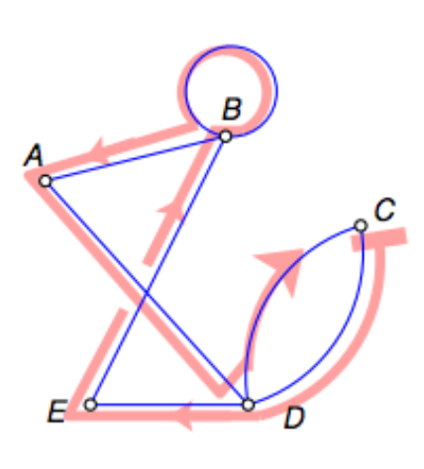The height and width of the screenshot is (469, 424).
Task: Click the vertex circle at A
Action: (x=45, y=181)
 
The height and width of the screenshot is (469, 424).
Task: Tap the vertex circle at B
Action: (x=226, y=137)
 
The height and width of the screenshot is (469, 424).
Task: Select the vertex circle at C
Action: (x=361, y=226)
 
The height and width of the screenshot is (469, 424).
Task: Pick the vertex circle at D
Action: (x=249, y=405)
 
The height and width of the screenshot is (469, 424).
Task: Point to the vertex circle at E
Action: (x=90, y=405)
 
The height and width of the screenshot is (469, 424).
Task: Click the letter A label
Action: (x=34, y=155)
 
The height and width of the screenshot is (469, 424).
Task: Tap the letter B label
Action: (x=232, y=109)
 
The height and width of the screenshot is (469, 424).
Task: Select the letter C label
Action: (x=385, y=210)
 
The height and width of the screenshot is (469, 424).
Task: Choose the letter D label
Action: (x=294, y=418)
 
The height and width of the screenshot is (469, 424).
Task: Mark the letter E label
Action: (x=57, y=411)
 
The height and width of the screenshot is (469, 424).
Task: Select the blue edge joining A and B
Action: (x=136, y=158)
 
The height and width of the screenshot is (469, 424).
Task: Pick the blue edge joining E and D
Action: (x=169, y=405)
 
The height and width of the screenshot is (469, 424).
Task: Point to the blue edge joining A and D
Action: (x=147, y=293)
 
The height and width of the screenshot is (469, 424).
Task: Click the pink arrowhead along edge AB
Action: (x=96, y=150)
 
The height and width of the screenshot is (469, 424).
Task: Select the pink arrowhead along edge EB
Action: (x=171, y=209)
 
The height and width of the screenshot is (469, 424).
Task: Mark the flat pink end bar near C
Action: (x=379, y=240)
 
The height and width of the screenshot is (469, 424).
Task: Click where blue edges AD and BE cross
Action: (x=146, y=292)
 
